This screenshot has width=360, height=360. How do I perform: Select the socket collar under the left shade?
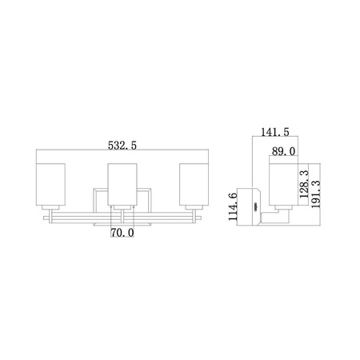click(53, 209)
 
